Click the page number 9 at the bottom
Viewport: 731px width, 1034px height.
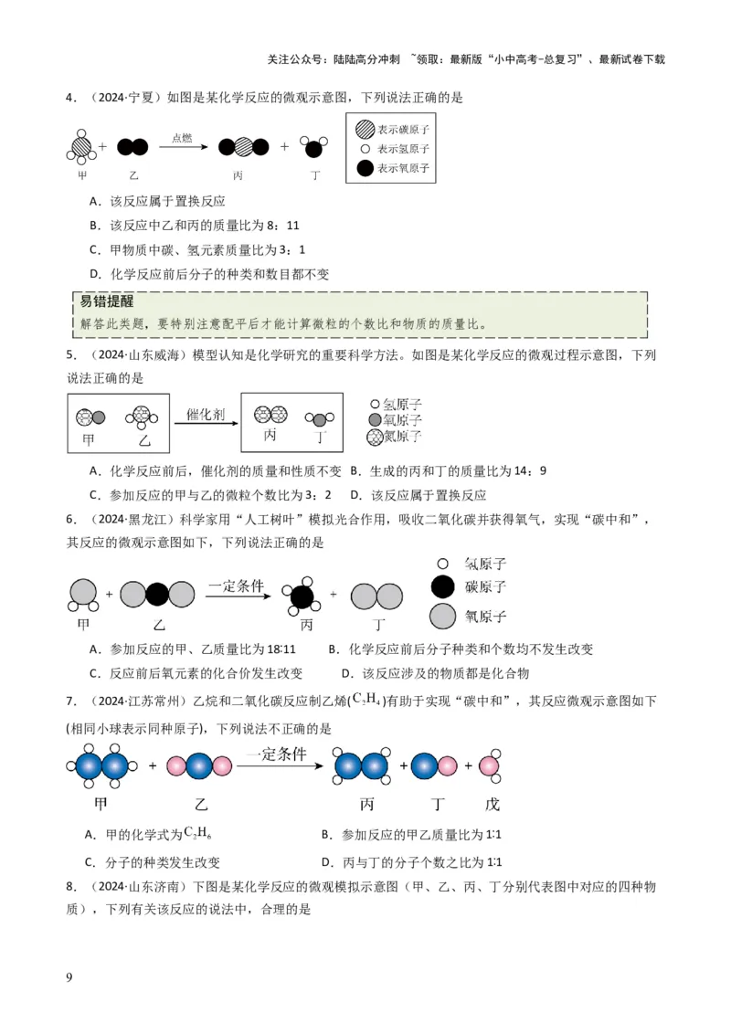(69, 977)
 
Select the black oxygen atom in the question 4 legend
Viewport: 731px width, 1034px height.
(365, 168)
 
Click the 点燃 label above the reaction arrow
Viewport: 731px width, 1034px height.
(182, 138)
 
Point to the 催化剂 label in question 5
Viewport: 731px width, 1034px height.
(206, 414)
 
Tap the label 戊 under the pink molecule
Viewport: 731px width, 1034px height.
(491, 804)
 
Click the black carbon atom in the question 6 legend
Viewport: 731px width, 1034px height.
(442, 587)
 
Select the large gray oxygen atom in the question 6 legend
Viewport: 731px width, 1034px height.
(442, 616)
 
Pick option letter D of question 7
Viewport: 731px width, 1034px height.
(326, 861)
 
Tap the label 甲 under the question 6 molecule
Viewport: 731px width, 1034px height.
(83, 625)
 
